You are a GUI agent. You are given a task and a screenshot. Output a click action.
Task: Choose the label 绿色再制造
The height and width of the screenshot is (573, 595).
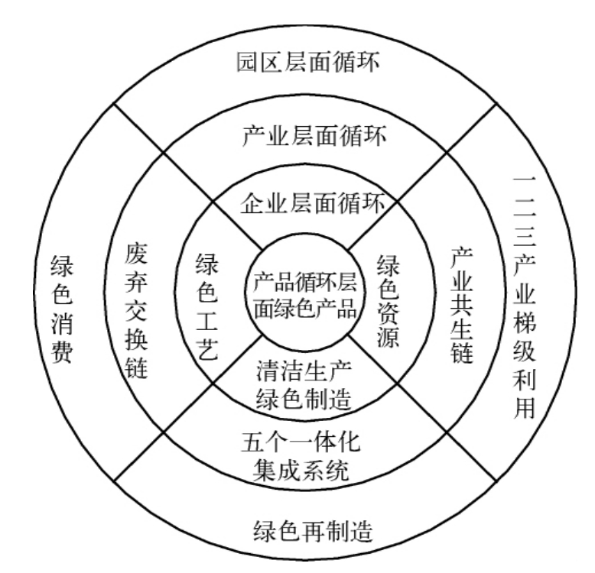[x=313, y=530]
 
